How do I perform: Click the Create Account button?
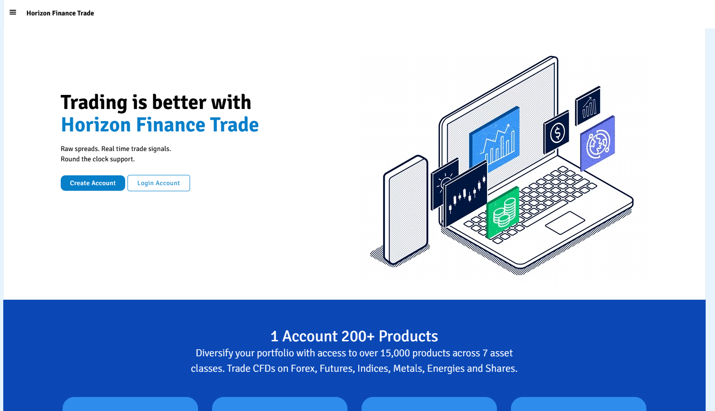(x=93, y=183)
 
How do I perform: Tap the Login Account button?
(x=159, y=183)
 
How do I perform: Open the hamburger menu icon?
(x=13, y=13)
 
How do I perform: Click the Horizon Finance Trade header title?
(x=60, y=13)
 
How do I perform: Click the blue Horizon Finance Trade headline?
(x=160, y=125)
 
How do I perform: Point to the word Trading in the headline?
(x=94, y=103)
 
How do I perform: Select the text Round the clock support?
(x=98, y=159)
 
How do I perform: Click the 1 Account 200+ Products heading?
(x=354, y=336)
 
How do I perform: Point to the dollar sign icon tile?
(x=556, y=132)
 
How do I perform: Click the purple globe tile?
(x=597, y=144)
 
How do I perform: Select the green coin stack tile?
(x=503, y=212)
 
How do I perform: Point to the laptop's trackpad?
(x=565, y=223)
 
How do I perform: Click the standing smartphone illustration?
(x=406, y=210)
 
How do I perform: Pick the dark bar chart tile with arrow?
(x=588, y=106)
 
